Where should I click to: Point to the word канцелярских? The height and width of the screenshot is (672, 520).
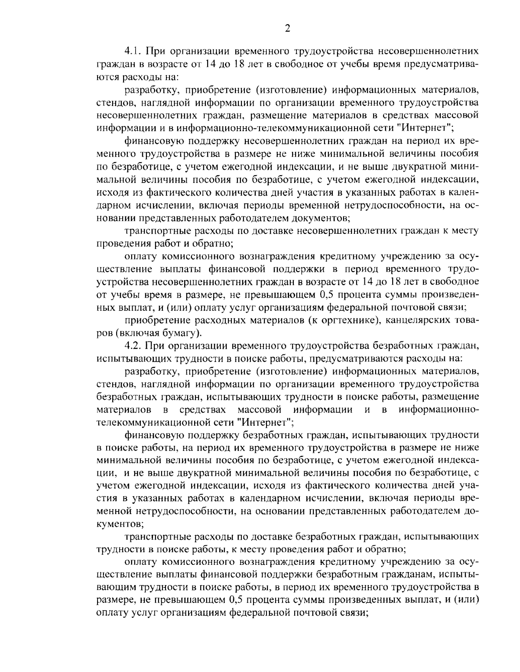point(416,321)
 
